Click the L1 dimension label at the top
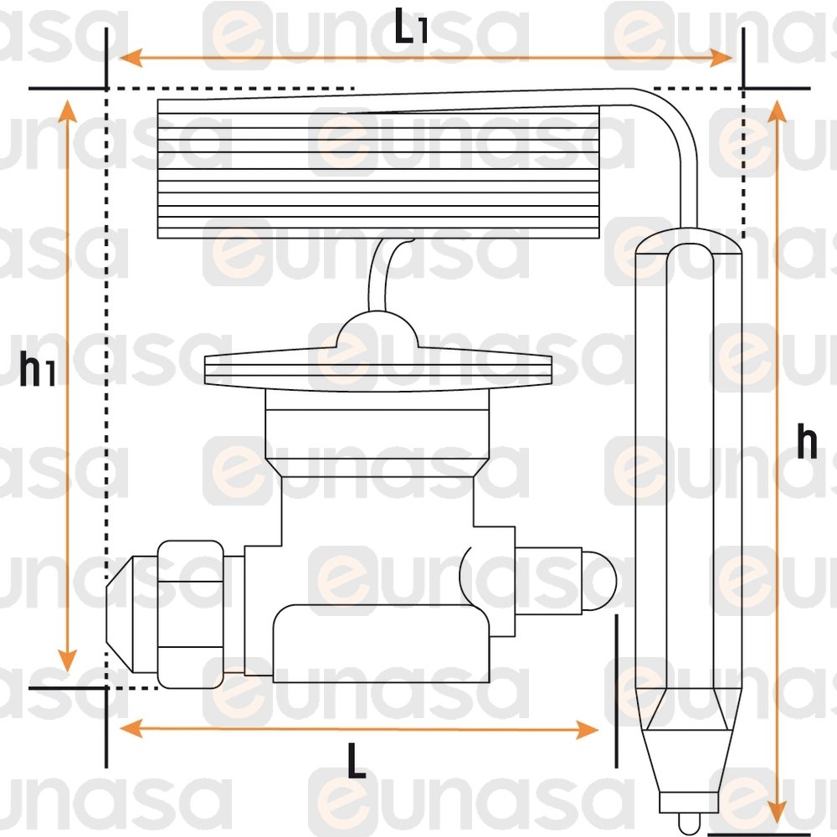coord(410,26)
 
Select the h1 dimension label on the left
coord(37,368)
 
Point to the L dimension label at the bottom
coord(357,760)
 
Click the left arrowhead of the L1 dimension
coord(131,58)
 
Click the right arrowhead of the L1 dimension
coord(721,58)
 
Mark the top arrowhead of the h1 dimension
coord(67,111)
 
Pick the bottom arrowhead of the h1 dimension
coord(67,660)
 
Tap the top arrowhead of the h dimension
coord(778,111)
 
